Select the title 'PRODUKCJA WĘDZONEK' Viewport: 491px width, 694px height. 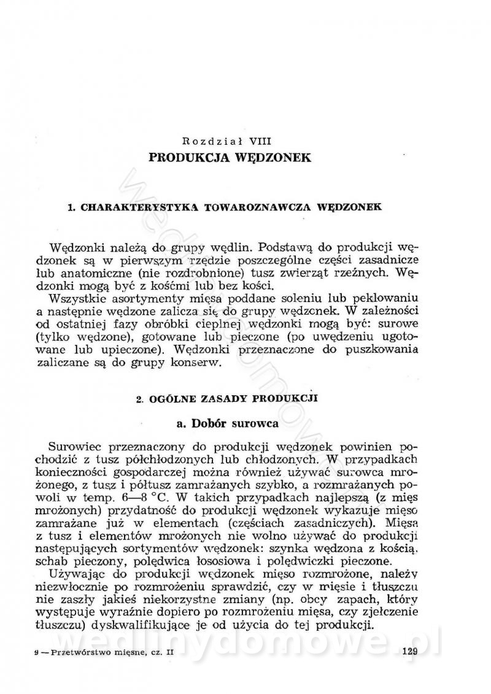[230, 158]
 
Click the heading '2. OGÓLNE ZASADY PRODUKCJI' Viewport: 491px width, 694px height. [226, 398]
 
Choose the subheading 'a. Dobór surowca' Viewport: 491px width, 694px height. [226, 423]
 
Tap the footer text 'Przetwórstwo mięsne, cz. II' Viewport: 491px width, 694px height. [109, 653]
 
